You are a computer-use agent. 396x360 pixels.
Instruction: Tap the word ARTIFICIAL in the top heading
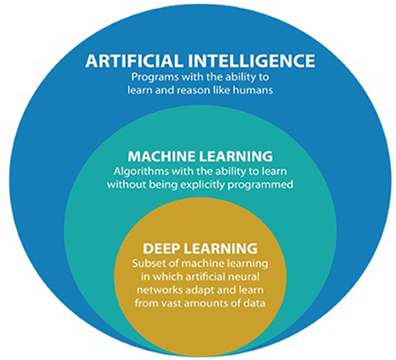pos(134,61)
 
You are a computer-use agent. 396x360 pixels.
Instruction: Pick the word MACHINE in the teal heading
pos(162,157)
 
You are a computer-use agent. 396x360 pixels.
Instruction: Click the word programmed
pos(260,185)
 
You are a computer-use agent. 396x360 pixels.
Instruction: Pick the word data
pos(255,303)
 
